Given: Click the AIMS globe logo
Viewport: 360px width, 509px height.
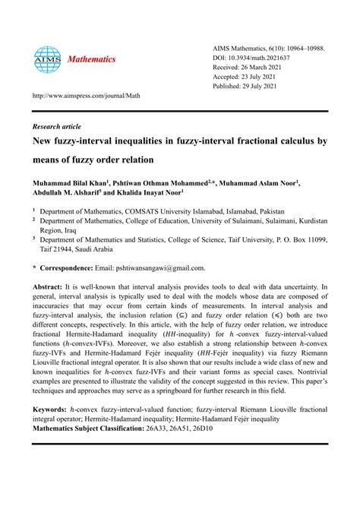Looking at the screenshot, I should point(47,58).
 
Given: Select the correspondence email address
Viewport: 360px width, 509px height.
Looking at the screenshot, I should point(159,268).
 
